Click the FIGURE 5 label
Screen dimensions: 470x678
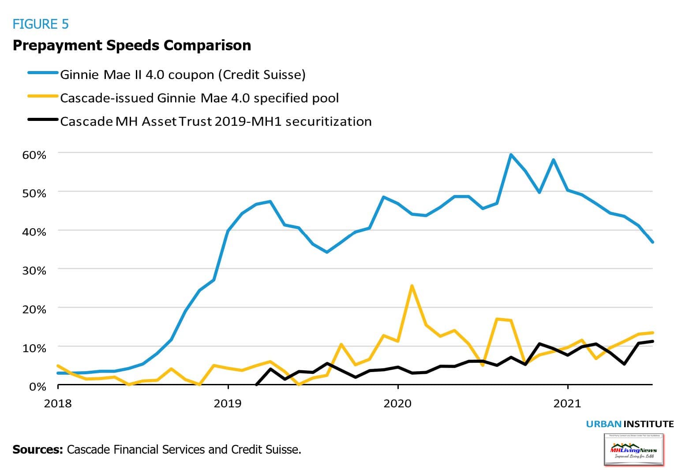(x=41, y=24)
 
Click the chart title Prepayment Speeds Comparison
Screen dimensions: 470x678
(x=131, y=45)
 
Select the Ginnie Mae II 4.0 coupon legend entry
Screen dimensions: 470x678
(x=183, y=74)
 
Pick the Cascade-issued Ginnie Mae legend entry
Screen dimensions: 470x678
(x=199, y=98)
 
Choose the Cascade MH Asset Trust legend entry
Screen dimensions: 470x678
(x=216, y=121)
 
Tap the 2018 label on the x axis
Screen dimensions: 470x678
(x=58, y=403)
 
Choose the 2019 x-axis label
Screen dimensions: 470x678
(x=228, y=403)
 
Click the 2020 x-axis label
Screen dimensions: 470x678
(x=397, y=403)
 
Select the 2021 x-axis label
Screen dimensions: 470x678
(x=567, y=403)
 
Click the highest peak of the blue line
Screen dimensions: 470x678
(x=510, y=154)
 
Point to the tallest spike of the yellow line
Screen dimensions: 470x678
(x=412, y=286)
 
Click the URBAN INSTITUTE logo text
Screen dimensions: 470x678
(x=629, y=424)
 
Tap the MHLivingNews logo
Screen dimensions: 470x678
(x=633, y=449)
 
